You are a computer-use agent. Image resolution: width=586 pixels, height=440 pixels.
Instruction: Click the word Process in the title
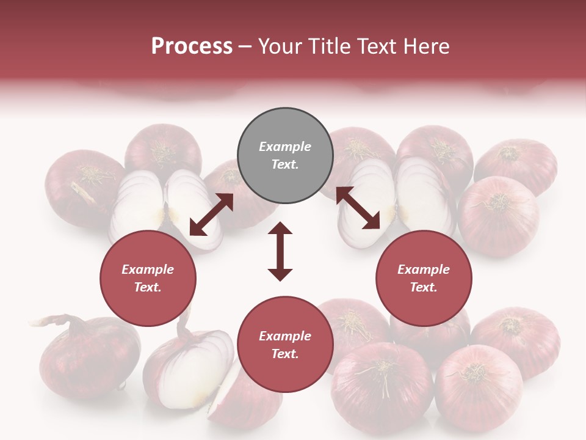[192, 46]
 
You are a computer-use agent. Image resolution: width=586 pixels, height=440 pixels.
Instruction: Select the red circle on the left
[148, 278]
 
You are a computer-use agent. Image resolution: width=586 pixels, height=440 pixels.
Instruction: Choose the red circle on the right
[424, 278]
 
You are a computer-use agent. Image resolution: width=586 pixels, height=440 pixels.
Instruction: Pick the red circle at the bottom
[285, 345]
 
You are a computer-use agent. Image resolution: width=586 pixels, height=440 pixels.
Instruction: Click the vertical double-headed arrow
[280, 251]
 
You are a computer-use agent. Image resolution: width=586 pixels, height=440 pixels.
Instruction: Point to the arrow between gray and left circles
[211, 215]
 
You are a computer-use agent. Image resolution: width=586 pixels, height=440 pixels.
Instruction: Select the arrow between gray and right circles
[358, 208]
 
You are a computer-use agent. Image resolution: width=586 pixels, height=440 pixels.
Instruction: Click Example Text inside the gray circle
[285, 155]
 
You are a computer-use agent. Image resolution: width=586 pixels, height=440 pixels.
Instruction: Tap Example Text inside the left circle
[148, 278]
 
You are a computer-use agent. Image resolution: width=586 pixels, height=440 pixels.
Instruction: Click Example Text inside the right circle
[424, 278]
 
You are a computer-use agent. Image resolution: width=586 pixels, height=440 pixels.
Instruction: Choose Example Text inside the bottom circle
[285, 345]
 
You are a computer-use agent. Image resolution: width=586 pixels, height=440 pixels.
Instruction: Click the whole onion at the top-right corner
[516, 166]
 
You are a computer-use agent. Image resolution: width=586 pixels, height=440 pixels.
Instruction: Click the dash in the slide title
[245, 47]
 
